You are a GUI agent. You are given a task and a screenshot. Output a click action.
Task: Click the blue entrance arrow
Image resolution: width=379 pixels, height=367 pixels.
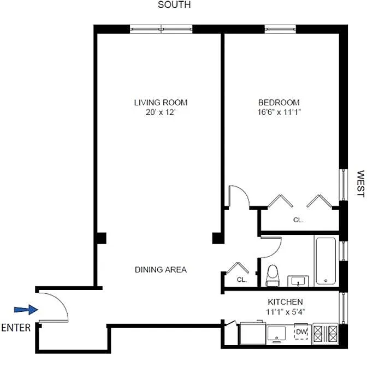(26, 310)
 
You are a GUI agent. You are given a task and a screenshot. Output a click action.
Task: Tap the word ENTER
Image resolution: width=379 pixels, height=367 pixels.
(16, 328)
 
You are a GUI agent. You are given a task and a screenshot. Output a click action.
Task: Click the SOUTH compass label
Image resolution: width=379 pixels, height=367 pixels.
(174, 4)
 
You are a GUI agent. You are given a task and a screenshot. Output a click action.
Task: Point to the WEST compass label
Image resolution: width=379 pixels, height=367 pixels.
(360, 183)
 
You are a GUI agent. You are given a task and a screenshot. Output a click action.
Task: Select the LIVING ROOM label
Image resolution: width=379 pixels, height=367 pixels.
(161, 103)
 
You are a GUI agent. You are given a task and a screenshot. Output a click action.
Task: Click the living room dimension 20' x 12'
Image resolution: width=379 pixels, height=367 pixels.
(160, 112)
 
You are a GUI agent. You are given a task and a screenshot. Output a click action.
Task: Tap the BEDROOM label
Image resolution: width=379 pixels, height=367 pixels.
(279, 103)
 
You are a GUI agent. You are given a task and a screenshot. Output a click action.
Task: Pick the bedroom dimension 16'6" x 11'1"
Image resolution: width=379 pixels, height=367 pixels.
(279, 112)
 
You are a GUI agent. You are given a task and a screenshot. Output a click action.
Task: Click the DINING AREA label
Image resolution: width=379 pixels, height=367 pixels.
(161, 270)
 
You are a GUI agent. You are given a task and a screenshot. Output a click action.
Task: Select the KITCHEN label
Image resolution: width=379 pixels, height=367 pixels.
(285, 301)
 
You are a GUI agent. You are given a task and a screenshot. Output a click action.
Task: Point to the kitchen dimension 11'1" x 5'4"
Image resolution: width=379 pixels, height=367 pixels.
(286, 312)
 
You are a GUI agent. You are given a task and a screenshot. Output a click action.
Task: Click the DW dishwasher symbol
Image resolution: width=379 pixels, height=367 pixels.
(301, 332)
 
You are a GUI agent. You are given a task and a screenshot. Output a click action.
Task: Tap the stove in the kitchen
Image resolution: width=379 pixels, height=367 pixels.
(325, 334)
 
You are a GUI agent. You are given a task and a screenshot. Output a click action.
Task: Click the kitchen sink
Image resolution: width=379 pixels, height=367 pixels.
(277, 334)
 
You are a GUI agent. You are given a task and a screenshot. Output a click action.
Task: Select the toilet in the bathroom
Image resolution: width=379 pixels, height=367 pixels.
(273, 276)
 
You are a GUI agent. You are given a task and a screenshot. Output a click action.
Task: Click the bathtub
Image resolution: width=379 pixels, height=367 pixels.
(326, 261)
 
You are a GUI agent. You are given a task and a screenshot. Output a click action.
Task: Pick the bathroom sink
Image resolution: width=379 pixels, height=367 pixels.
(298, 281)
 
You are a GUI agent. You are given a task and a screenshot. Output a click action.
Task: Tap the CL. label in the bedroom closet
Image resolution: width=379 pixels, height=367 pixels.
(298, 220)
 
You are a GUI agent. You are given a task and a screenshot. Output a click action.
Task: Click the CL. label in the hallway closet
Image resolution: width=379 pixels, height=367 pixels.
(242, 280)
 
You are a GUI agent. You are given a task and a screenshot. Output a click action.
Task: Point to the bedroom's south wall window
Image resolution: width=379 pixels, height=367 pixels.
(280, 29)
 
